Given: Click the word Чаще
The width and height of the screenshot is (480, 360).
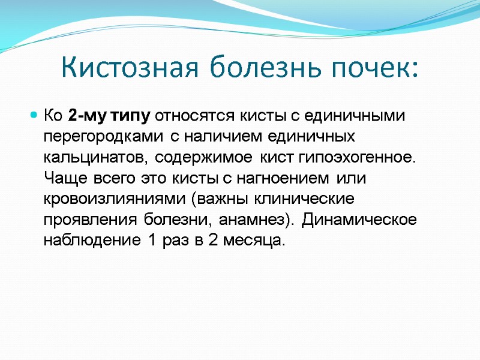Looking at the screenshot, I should point(62,178).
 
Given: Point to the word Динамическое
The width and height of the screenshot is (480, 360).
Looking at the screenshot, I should point(359,220).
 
